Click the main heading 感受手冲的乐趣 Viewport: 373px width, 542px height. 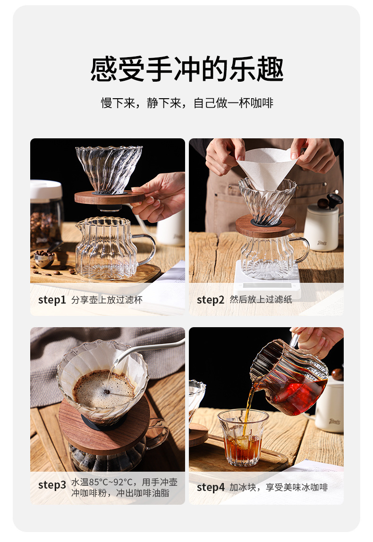tap(187, 69)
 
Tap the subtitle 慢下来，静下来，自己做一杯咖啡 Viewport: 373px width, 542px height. tap(187, 103)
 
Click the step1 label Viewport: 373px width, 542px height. tap(52, 300)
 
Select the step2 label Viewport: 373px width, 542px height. tap(211, 300)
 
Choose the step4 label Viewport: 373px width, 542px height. tap(211, 488)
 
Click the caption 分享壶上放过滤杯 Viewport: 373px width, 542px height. tap(107, 300)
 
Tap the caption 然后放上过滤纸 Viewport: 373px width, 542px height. tap(261, 300)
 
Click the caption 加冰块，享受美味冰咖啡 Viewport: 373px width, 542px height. tap(279, 488)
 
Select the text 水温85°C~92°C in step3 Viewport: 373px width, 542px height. tap(103, 483)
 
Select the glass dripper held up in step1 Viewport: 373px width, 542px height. tap(109, 168)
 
